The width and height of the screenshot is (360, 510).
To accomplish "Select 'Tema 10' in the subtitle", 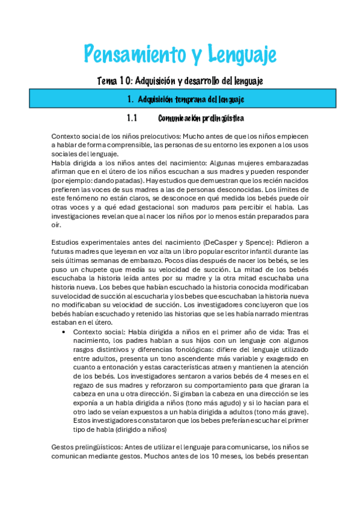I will click(x=113, y=81).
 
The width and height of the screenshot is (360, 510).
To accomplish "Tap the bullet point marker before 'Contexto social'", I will click(x=64, y=332).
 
